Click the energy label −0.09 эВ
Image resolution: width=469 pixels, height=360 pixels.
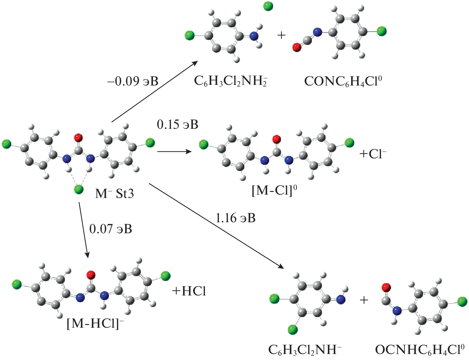point(133,81)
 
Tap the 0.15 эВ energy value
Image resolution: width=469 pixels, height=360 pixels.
point(177,124)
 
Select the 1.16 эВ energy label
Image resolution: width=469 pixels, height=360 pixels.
point(235,218)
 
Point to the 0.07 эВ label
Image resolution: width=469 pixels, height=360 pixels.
point(111,229)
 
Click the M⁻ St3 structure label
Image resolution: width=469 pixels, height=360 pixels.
point(114,193)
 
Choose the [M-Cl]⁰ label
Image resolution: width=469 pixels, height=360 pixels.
point(274,190)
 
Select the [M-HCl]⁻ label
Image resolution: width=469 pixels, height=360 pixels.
point(95,323)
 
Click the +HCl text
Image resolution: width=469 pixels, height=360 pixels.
point(189,291)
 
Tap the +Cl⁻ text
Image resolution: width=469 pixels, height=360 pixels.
point(373,154)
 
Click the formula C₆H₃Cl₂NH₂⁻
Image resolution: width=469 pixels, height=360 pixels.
point(231,81)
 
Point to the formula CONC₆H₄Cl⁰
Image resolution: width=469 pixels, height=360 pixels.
point(343,81)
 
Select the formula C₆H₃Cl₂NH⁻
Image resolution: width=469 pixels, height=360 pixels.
point(305,350)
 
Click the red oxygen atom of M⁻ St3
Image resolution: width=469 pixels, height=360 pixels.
point(79,137)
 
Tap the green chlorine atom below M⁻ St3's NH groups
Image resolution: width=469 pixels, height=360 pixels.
point(79,190)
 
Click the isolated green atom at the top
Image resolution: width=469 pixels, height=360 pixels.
point(268,6)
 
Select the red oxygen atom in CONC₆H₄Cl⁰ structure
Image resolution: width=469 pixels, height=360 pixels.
point(297,48)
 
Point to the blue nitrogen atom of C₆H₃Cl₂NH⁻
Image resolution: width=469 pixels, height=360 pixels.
point(341,300)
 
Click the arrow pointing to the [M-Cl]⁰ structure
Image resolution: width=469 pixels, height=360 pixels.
point(174,152)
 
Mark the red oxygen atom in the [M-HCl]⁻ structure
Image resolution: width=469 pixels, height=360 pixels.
point(91,275)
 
